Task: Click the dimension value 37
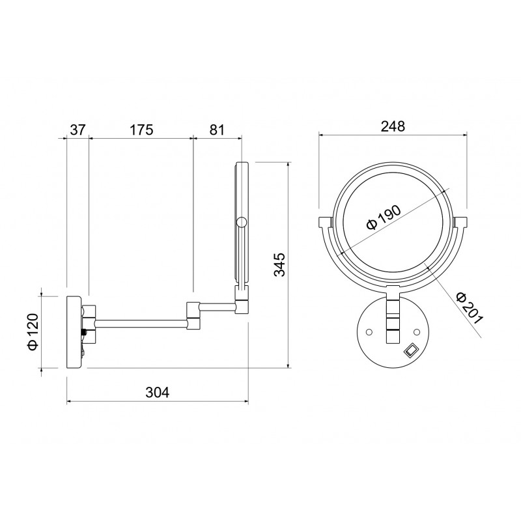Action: (x=77, y=130)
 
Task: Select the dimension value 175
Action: (x=141, y=130)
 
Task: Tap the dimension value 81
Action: (x=217, y=130)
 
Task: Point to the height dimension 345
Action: (x=279, y=264)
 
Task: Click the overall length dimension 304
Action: (x=158, y=393)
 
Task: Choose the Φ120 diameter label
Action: (x=34, y=331)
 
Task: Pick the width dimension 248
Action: (x=393, y=126)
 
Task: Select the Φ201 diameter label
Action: (x=469, y=308)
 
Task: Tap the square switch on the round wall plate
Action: (x=410, y=350)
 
